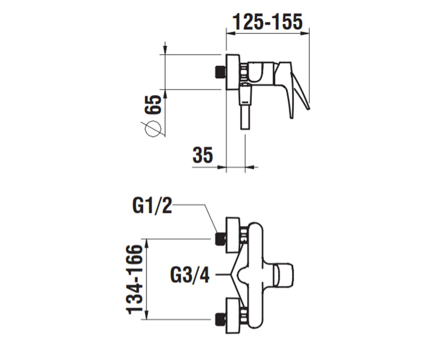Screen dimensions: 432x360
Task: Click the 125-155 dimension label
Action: pyautogui.click(x=267, y=22)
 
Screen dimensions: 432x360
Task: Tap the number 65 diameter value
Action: pyautogui.click(x=153, y=104)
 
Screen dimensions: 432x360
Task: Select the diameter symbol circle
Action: pyautogui.click(x=153, y=129)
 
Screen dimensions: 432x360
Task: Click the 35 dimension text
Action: pyautogui.click(x=203, y=155)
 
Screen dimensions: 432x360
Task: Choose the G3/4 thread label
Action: pyautogui.click(x=190, y=275)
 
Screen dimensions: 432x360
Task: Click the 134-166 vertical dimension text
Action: pyautogui.click(x=134, y=280)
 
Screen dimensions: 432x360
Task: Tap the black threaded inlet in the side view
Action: pyautogui.click(x=220, y=72)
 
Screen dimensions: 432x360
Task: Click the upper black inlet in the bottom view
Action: pyautogui.click(x=220, y=239)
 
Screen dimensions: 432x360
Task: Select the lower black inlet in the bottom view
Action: pyautogui.click(x=220, y=319)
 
